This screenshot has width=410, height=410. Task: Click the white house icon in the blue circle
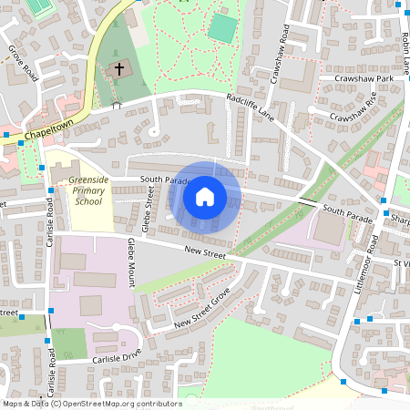click(x=205, y=196)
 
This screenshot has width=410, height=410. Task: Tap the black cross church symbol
click(x=118, y=69)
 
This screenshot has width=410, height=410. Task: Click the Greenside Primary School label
click(x=88, y=190)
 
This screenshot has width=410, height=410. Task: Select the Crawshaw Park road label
click(x=369, y=79)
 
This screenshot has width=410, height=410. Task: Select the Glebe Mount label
click(x=131, y=262)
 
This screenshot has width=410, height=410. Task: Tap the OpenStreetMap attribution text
click(x=92, y=404)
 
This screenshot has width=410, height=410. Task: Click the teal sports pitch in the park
click(x=221, y=27)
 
